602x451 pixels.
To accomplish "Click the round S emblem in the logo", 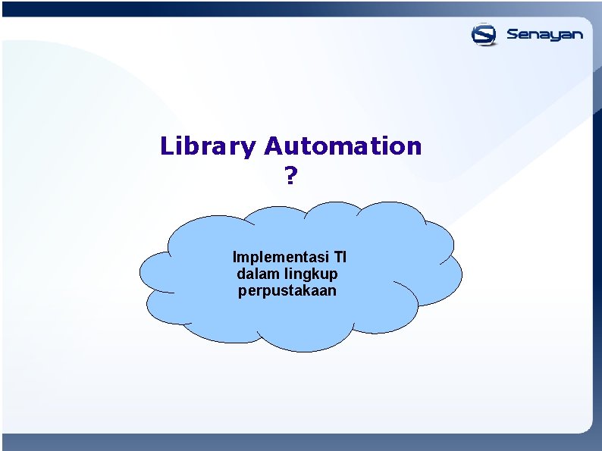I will pos(484,35).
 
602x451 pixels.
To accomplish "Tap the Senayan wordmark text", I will pos(544,35).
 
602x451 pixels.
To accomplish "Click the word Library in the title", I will pos(208,146).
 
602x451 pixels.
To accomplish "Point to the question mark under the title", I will pos(290,177).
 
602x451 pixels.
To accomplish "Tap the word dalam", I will pos(259,273).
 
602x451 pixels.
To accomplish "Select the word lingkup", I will pos(312,274).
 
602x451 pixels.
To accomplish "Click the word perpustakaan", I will pos(287,291).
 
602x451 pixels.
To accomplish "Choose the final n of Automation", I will pos(413,146).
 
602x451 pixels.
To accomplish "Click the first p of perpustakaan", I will pos(242,293).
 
